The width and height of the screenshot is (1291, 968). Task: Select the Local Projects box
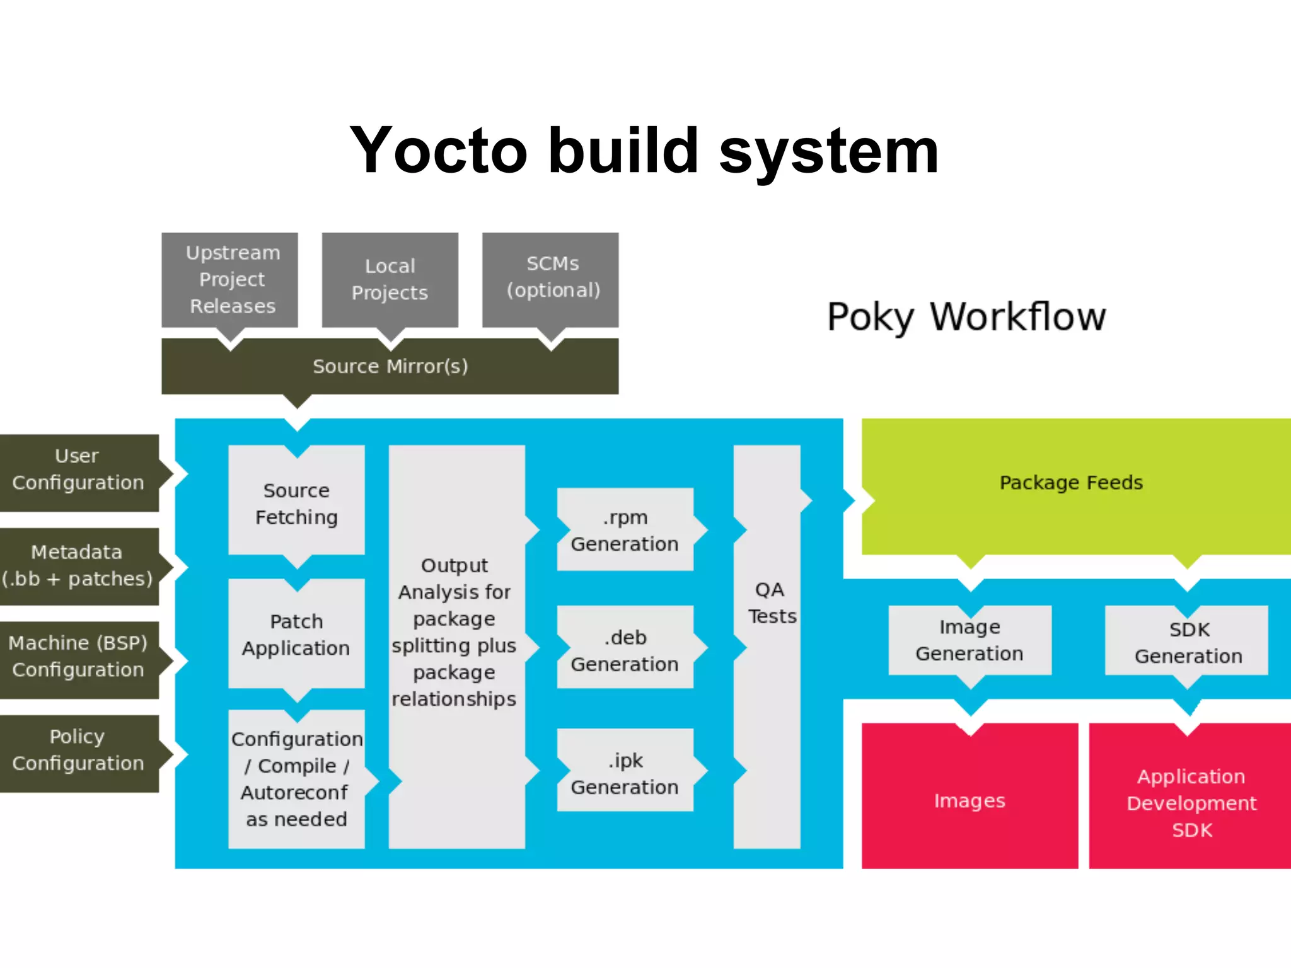390,279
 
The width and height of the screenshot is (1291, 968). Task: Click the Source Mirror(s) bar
390,366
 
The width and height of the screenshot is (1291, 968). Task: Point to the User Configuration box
78,470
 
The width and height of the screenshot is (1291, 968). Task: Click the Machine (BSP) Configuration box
78,657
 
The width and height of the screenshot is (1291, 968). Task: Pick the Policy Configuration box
78,750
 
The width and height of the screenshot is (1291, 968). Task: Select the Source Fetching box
296,503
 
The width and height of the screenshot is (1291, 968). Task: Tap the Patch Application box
296,635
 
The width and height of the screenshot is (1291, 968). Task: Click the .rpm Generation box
625,530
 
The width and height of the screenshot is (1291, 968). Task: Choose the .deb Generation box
625,650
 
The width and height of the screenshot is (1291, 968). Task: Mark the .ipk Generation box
625,773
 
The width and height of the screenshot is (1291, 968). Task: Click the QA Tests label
770,602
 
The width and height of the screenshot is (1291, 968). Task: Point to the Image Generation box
970,640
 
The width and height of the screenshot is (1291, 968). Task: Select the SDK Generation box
1188,642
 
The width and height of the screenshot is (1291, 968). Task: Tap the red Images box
970,800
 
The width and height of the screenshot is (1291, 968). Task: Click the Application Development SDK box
1191,802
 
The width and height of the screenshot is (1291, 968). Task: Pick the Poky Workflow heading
966,316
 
